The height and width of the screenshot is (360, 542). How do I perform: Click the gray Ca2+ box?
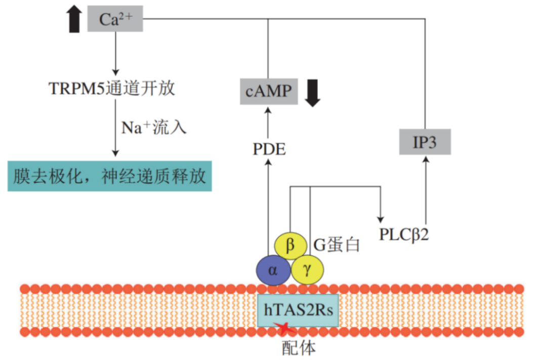point(115,19)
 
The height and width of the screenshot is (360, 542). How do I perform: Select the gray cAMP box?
point(268,92)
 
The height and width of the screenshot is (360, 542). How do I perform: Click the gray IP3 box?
point(425,142)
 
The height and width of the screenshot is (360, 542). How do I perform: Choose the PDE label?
point(269,150)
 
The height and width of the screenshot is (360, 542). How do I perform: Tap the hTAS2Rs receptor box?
point(298,309)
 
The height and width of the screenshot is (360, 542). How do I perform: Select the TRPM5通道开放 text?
point(112,89)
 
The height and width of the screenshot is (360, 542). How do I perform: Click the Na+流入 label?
point(154,126)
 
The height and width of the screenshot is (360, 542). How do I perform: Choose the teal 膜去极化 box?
point(109,176)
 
